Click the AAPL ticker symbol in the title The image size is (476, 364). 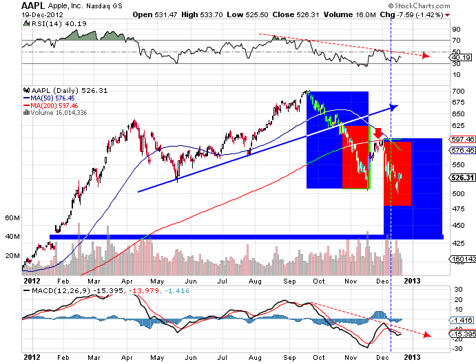click(33, 6)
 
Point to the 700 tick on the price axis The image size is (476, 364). click(457, 92)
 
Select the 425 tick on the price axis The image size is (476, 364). click(457, 244)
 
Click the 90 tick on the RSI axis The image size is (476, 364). click(455, 30)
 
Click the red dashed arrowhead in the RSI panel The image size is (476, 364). click(426, 56)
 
